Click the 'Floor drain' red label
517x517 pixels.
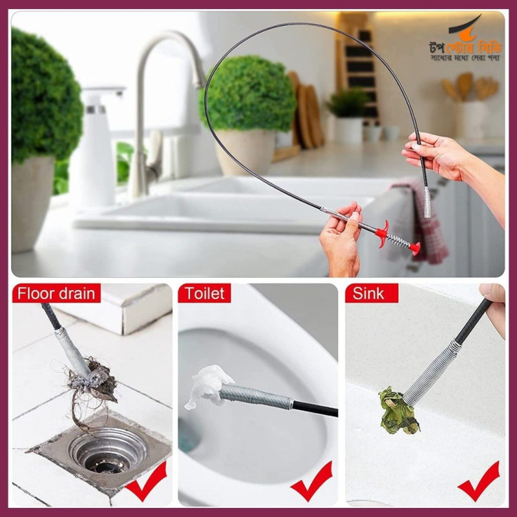pyautogui.click(x=56, y=293)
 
